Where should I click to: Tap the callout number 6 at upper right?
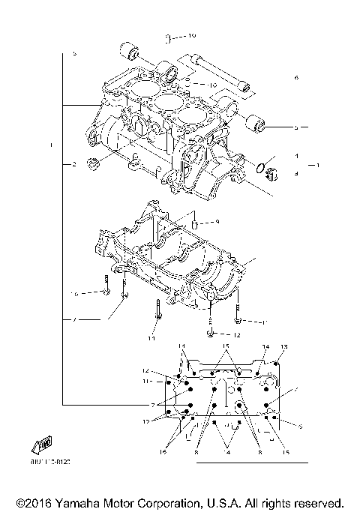[x=296, y=77]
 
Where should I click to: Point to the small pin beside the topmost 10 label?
[x=169, y=36]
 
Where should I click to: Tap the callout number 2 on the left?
[x=74, y=163]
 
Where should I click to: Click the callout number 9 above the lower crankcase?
[x=216, y=222]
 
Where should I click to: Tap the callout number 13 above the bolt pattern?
[x=283, y=346]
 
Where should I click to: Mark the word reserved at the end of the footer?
[x=317, y=502]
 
